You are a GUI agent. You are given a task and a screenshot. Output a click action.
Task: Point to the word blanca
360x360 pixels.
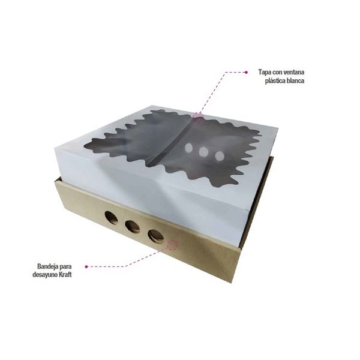[296, 81]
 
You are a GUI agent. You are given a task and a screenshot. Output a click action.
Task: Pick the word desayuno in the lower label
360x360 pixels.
[44, 275]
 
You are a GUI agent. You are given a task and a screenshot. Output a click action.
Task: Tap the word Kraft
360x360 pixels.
[65, 275]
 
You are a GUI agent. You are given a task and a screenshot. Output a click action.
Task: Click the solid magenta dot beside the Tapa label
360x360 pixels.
[246, 73]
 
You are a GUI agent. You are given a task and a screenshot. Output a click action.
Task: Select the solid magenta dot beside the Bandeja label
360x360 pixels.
[86, 266]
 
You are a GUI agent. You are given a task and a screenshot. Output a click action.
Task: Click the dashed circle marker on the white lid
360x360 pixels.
[198, 118]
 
